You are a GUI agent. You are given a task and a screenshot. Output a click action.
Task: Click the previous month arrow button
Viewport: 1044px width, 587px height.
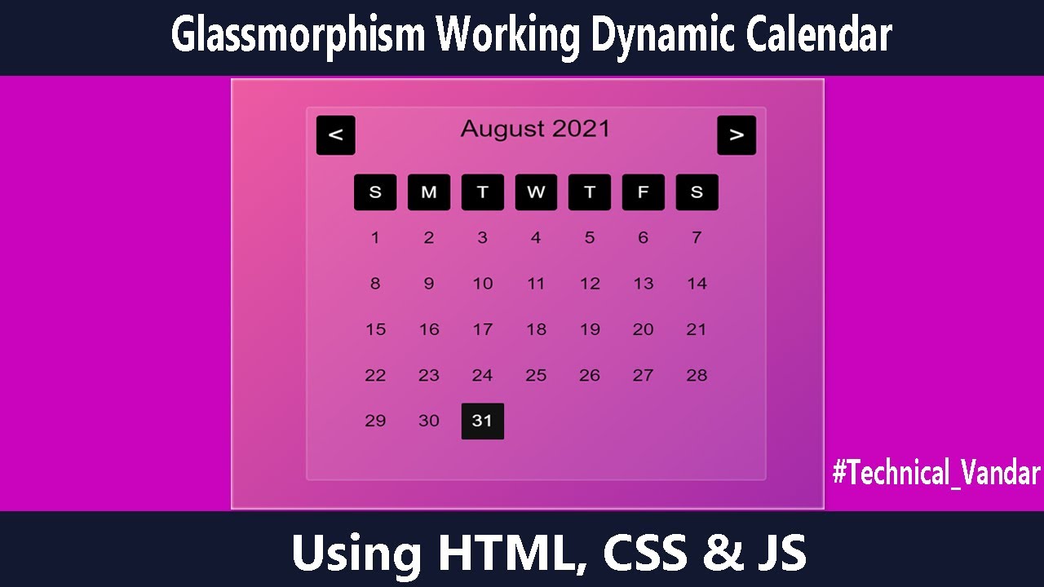[336, 135]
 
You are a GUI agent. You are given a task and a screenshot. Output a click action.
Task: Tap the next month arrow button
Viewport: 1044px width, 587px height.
[737, 135]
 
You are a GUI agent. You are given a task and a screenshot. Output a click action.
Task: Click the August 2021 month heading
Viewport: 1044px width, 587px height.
[535, 129]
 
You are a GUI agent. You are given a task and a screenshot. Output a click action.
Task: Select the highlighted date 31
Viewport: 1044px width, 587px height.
[483, 421]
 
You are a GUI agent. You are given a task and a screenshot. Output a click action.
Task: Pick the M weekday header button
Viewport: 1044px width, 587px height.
[429, 192]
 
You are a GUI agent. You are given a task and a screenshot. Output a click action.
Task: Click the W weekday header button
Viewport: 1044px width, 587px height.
[536, 192]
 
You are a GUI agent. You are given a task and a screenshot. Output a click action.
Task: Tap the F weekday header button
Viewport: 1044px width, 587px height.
[644, 192]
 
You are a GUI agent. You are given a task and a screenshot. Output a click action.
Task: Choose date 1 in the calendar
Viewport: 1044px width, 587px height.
[375, 238]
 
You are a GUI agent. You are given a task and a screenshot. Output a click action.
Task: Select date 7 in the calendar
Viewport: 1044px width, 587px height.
[697, 238]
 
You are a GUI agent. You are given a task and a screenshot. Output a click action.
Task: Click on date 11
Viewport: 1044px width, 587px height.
[536, 284]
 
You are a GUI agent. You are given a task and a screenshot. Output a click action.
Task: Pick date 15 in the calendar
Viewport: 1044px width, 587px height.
[375, 329]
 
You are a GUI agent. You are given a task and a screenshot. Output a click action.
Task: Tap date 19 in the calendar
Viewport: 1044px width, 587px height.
[590, 329]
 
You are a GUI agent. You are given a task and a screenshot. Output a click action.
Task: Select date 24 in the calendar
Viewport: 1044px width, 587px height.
[483, 375]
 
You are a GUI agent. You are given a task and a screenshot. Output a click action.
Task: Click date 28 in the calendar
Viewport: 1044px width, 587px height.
[697, 375]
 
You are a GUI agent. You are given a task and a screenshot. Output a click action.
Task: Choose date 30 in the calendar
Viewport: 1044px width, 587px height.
[429, 421]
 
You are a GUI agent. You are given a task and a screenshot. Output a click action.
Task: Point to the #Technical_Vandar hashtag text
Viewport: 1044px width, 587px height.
[936, 473]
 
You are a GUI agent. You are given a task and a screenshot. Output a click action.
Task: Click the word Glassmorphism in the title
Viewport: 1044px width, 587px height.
[298, 36]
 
